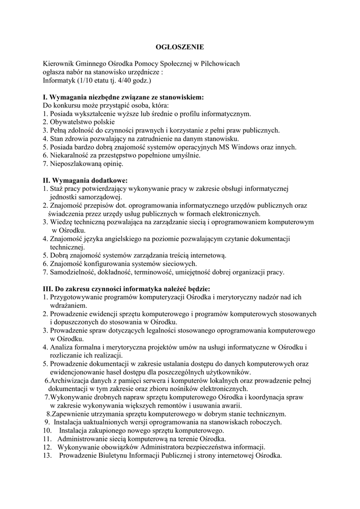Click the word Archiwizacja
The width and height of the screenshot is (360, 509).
[x=68, y=381]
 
